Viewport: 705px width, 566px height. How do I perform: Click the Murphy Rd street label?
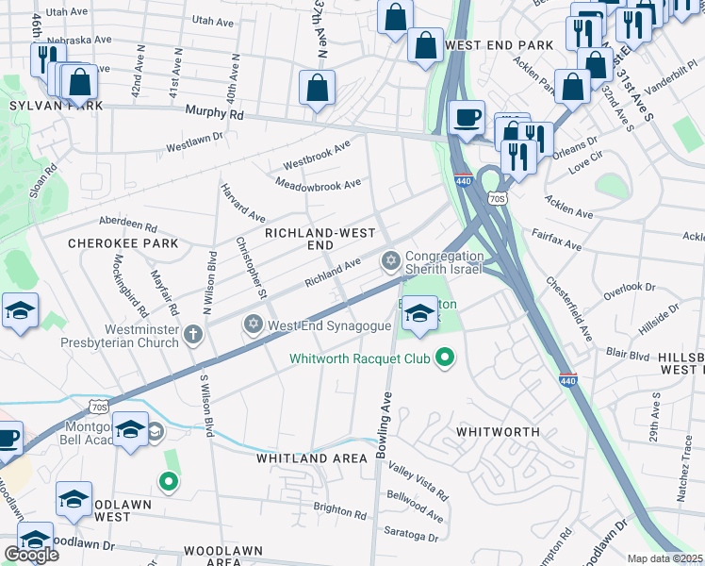coord(215,113)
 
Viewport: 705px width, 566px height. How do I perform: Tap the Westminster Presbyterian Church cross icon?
coord(193,333)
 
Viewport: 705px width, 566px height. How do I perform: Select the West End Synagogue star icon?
coord(253,325)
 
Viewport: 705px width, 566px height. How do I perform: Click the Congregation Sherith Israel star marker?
coord(390,259)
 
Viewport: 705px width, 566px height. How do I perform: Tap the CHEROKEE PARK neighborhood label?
coord(123,242)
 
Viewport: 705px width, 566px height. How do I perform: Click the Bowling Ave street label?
coord(385,426)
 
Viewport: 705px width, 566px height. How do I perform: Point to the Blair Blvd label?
coord(629,355)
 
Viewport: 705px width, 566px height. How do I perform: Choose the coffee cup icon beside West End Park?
coord(466,118)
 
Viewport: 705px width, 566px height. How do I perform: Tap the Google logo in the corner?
coord(31,554)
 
